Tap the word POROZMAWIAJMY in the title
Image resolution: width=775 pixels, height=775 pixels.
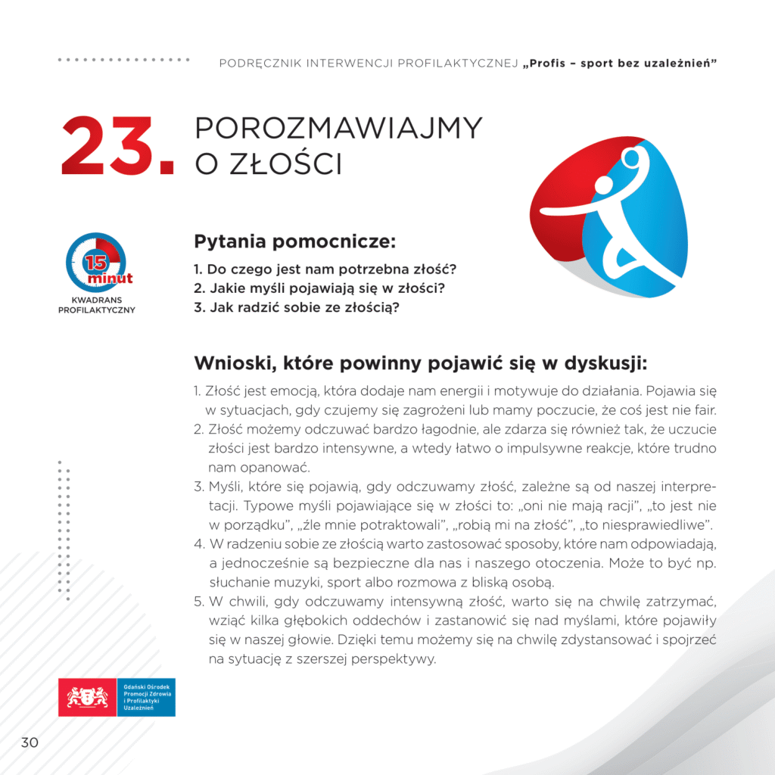pyautogui.click(x=338, y=129)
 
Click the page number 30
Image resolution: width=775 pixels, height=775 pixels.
pyautogui.click(x=30, y=742)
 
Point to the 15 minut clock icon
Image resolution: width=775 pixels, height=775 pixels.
pyautogui.click(x=96, y=263)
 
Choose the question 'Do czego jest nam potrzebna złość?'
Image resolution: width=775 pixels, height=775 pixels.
pyautogui.click(x=328, y=269)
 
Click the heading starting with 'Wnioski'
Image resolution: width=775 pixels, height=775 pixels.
pyautogui.click(x=421, y=363)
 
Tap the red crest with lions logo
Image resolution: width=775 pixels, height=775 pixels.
pyautogui.click(x=89, y=697)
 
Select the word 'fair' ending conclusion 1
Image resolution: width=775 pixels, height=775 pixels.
pyautogui.click(x=703, y=411)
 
